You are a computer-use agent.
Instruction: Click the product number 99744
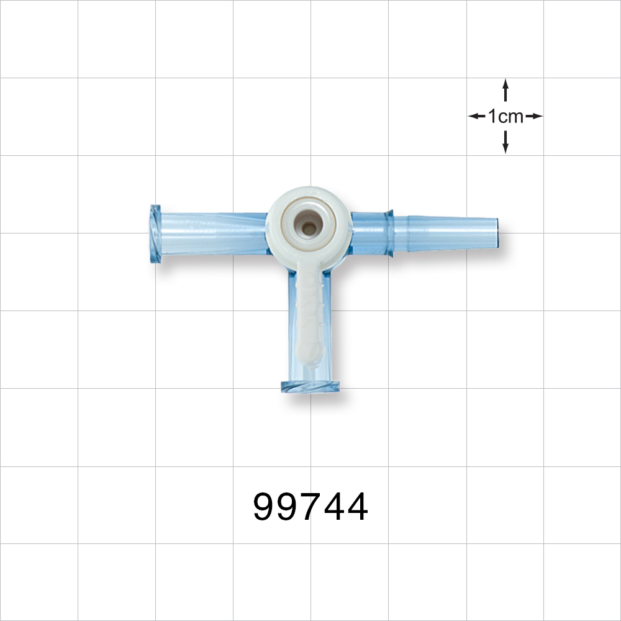tap(310, 507)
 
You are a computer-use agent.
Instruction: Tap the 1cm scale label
tap(505, 116)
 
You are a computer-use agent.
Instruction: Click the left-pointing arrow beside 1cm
tap(476, 116)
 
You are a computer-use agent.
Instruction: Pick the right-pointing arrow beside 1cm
tap(535, 116)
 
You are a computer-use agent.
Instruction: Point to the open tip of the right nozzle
tap(495, 232)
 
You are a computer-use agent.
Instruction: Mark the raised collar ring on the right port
tap(389, 233)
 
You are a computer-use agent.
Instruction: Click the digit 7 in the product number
tap(310, 507)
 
